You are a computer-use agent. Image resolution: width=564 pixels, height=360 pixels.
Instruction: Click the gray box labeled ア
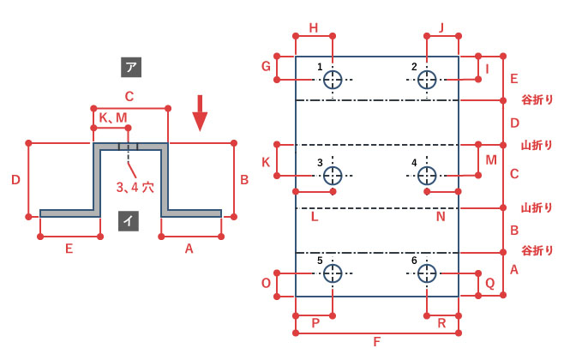pyautogui.click(x=131, y=67)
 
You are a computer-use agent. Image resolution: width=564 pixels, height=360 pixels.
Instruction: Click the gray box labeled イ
pyautogui.click(x=129, y=220)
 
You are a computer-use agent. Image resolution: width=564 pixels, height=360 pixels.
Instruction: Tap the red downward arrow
pyautogui.click(x=200, y=113)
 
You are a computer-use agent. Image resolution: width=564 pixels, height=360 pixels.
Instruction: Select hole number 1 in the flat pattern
pyautogui.click(x=333, y=80)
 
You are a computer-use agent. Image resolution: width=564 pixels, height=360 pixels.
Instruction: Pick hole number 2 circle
pyautogui.click(x=427, y=80)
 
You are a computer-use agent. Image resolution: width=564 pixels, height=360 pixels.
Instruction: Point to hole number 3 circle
pyautogui.click(x=333, y=176)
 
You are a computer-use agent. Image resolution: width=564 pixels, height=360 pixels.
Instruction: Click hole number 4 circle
pyautogui.click(x=427, y=176)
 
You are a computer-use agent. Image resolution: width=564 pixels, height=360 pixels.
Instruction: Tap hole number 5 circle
pyautogui.click(x=333, y=273)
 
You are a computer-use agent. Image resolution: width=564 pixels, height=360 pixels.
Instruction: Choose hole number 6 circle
pyautogui.click(x=427, y=273)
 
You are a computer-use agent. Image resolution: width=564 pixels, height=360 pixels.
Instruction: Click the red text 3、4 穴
pyautogui.click(x=135, y=188)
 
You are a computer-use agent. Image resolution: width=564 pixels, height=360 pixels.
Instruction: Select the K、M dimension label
pyautogui.click(x=113, y=117)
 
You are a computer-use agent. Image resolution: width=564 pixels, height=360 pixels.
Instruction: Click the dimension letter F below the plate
pyautogui.click(x=376, y=342)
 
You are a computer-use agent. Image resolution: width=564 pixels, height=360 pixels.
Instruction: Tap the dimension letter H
pyautogui.click(x=314, y=27)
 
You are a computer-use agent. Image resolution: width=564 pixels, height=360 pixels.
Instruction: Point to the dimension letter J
pyautogui.click(x=441, y=27)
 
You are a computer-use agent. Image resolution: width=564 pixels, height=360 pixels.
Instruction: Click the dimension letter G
pyautogui.click(x=266, y=66)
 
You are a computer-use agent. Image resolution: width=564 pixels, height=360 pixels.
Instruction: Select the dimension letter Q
pyautogui.click(x=490, y=284)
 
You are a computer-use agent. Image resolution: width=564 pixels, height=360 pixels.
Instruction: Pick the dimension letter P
pyautogui.click(x=315, y=323)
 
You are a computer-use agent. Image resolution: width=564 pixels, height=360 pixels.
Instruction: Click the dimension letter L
pyautogui.click(x=315, y=217)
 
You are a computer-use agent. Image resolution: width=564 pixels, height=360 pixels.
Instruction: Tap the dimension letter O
pyautogui.click(x=266, y=284)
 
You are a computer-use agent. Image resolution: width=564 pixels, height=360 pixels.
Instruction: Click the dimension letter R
pyautogui.click(x=441, y=323)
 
